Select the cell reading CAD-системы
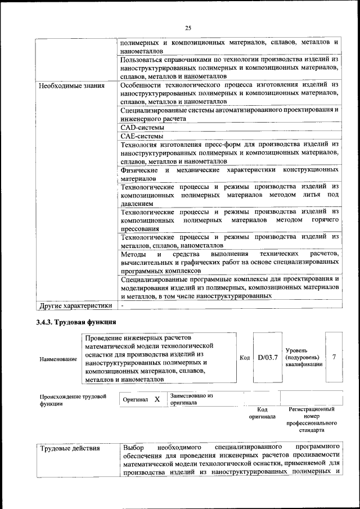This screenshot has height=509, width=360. click(138, 128)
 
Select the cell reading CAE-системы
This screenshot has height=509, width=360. click(138, 136)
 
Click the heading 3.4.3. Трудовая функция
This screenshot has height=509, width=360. click(76, 322)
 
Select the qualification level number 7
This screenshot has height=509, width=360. click(334, 357)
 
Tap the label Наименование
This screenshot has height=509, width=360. click(58, 359)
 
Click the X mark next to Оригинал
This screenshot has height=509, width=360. click(157, 399)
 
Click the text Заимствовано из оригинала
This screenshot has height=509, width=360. click(191, 399)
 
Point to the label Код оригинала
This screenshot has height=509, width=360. click(262, 413)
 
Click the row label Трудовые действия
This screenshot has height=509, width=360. click(70, 448)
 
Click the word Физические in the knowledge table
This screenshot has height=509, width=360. click(141, 169)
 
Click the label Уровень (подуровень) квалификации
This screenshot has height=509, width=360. click(304, 357)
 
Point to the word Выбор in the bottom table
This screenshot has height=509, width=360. click(134, 448)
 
